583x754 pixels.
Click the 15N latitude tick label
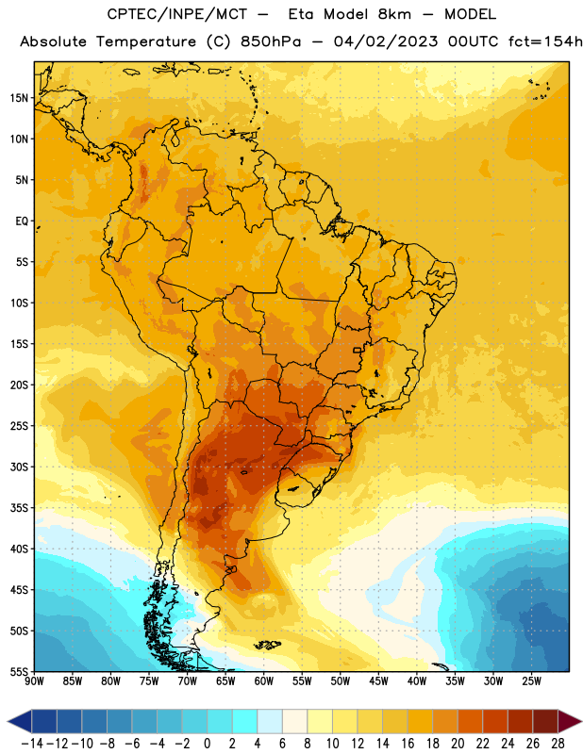tap(19, 98)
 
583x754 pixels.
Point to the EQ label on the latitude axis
tap(22, 221)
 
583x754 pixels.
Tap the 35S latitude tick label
tap(19, 508)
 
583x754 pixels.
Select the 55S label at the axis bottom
tap(19, 671)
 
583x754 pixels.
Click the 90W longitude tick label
tap(34, 681)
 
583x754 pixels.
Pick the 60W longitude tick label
tap(264, 681)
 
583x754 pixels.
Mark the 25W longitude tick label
tap(531, 681)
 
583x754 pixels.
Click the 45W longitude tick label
tap(378, 681)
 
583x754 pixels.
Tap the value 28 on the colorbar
tap(558, 744)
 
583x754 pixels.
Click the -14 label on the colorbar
tap(32, 744)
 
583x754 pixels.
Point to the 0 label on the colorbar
tap(207, 744)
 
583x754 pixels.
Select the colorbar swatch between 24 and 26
tap(521, 721)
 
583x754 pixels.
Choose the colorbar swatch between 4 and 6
tap(270, 721)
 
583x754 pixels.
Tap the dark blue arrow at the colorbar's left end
tap(20, 721)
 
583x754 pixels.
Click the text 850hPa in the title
tap(271, 41)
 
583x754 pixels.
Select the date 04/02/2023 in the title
tap(386, 41)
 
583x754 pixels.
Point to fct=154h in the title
tap(545, 41)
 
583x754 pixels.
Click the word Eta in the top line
tap(301, 14)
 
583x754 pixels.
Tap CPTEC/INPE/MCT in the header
tap(176, 14)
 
